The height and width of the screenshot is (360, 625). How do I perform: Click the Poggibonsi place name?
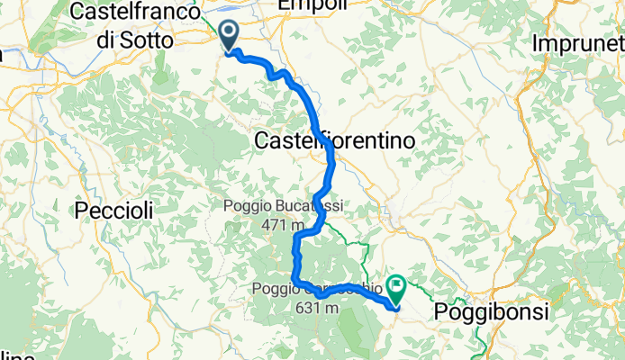coord(492,310)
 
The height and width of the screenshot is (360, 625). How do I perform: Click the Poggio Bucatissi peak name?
coord(284,206)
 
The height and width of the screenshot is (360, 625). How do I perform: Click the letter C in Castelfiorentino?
coord(264,141)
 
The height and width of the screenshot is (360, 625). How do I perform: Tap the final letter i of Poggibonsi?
coord(546,310)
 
